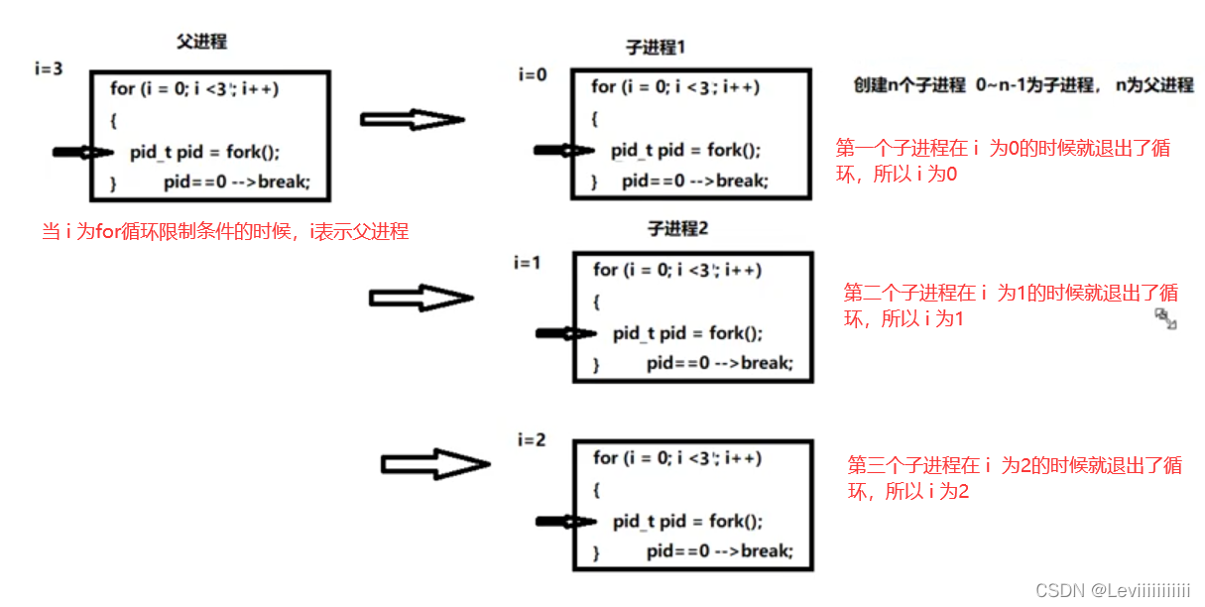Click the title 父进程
(201, 42)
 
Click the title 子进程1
(656, 47)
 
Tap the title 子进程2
(678, 229)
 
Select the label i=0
(532, 74)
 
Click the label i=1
(529, 263)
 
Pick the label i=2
(532, 438)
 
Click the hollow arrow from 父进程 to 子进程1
(412, 120)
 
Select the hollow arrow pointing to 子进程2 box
(422, 298)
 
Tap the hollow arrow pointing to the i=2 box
(435, 464)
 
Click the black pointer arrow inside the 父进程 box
(83, 153)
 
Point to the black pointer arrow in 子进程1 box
(563, 151)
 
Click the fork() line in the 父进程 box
(204, 152)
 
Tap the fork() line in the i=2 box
(686, 522)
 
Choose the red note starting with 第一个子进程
(1003, 161)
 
